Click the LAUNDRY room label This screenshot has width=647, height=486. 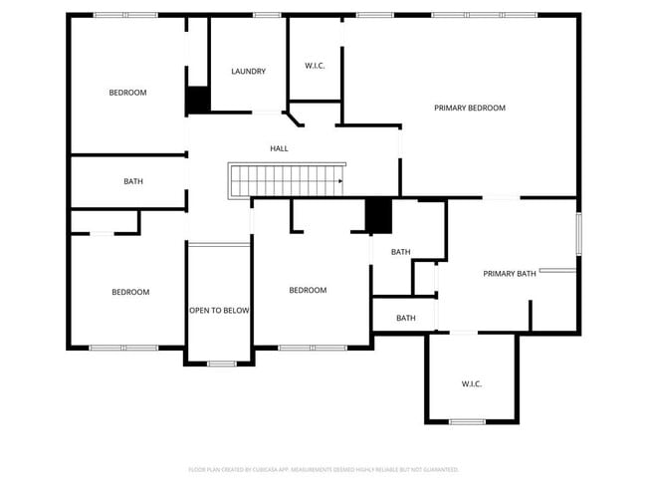tap(248, 72)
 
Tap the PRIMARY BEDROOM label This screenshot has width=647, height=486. tap(470, 108)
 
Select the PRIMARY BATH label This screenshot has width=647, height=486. tap(510, 274)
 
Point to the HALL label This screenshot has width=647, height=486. tap(279, 148)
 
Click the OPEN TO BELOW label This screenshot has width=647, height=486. tap(219, 311)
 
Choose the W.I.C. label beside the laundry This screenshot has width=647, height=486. tap(315, 66)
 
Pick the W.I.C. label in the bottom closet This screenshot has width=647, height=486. tap(472, 383)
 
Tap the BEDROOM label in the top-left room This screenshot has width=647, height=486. tap(127, 93)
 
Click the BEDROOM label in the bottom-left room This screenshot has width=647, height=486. tap(130, 292)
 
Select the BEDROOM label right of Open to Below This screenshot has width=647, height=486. tap(308, 291)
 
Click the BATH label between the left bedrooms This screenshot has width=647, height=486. tap(132, 181)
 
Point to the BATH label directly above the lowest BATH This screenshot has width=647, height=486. tap(400, 252)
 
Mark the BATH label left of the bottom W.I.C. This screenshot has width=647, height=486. tap(406, 319)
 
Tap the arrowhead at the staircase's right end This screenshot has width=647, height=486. tap(340, 181)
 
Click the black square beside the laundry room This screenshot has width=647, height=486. tap(198, 100)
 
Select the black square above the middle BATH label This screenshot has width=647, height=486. tap(378, 215)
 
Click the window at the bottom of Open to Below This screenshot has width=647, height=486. tap(221, 364)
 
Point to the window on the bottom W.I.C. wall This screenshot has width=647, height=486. tap(467, 422)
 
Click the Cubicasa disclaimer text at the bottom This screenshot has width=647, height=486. tap(323, 468)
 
